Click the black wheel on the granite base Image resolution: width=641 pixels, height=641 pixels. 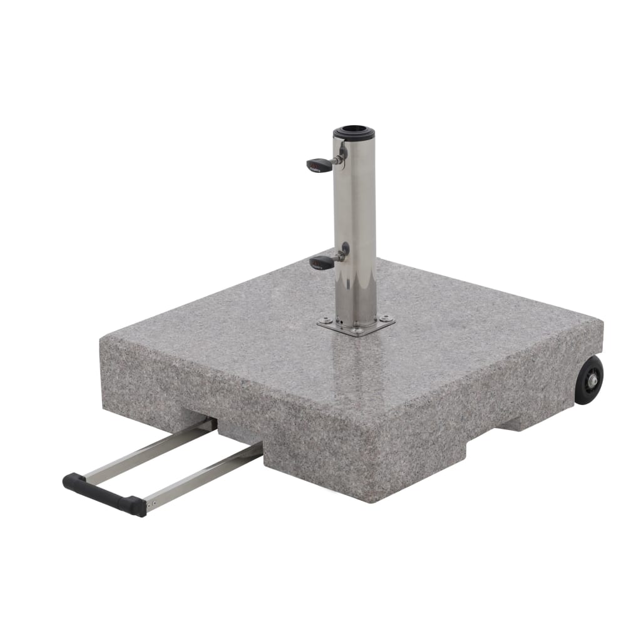[588, 379]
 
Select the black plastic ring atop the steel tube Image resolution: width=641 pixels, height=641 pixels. [354, 133]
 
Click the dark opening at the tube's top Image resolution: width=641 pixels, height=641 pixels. [354, 131]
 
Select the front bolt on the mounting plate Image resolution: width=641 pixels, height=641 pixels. [357, 331]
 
